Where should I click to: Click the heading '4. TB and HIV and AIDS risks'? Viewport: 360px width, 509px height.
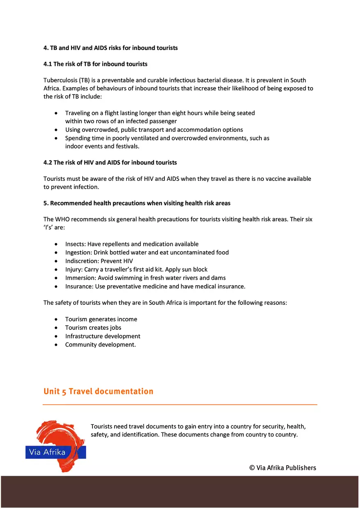click(110, 48)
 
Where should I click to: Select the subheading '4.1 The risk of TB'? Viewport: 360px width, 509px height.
click(95, 64)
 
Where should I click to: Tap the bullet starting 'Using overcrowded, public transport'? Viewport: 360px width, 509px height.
click(154, 130)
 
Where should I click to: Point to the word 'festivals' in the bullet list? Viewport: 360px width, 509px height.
click(126, 146)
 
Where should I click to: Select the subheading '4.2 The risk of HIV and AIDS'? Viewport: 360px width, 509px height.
click(110, 162)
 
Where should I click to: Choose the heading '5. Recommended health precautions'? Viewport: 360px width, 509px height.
click(137, 203)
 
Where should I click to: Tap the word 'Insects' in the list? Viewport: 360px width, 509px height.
click(75, 244)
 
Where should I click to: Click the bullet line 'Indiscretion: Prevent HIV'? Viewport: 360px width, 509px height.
click(99, 261)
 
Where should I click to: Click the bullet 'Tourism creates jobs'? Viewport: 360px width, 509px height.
click(93, 328)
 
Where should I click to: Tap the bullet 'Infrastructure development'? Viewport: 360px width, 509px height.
click(103, 336)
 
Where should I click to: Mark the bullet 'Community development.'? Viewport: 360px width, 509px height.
click(100, 345)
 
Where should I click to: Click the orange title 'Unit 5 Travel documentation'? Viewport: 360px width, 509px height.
click(98, 392)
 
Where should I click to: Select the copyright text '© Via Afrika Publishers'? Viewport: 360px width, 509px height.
click(283, 468)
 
